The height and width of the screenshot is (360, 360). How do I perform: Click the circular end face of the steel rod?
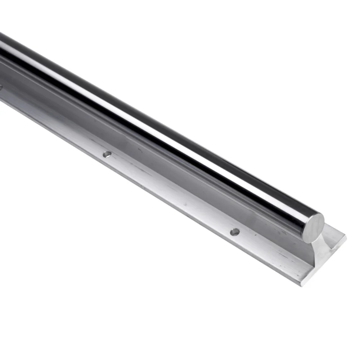(314, 228)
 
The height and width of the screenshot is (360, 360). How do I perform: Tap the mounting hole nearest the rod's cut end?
(235, 232)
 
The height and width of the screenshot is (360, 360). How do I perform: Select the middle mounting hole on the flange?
(107, 154)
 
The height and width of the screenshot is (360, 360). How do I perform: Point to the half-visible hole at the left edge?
(1, 87)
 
